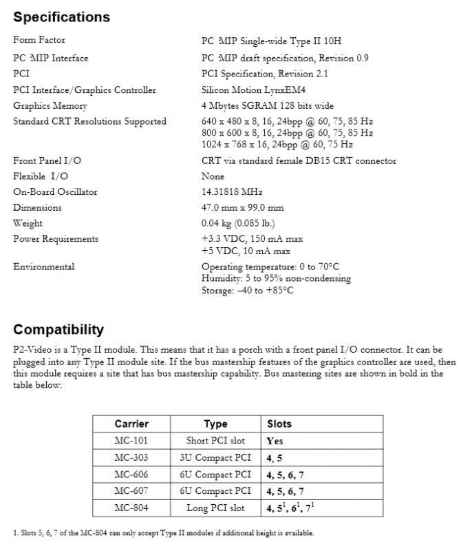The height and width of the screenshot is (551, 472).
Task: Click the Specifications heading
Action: [61, 17]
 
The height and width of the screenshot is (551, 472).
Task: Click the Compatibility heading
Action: [58, 329]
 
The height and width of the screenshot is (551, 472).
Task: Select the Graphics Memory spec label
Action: [50, 105]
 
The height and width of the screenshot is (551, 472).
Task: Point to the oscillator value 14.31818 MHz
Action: [232, 191]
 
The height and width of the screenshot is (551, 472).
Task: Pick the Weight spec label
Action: [28, 223]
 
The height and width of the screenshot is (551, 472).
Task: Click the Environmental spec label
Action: [44, 267]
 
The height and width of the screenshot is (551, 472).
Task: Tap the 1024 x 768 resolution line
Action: [277, 145]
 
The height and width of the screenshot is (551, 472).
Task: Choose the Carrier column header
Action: [131, 424]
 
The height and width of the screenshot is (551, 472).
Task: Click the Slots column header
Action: [279, 424]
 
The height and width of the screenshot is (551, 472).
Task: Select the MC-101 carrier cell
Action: [131, 440]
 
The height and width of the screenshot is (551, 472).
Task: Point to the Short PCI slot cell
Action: [215, 440]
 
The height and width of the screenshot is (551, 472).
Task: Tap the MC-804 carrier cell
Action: [131, 508]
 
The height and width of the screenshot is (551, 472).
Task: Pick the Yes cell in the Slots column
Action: [275, 441]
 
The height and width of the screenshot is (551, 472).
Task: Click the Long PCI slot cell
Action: [215, 508]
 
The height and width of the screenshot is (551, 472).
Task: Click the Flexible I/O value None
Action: [213, 176]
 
